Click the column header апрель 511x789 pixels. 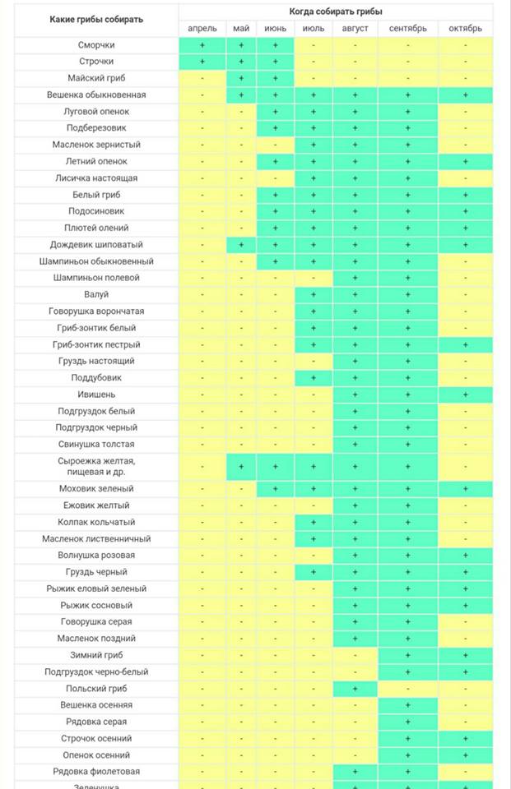pyautogui.click(x=202, y=28)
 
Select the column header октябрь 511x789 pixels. pyautogui.click(x=465, y=28)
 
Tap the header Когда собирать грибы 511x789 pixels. pyautogui.click(x=336, y=11)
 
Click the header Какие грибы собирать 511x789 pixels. pyautogui.click(x=96, y=19)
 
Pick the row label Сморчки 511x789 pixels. pyautogui.click(x=96, y=44)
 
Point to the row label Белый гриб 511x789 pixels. pyautogui.click(x=96, y=195)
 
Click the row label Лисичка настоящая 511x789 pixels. pyautogui.click(x=96, y=178)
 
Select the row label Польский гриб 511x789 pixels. pyautogui.click(x=96, y=689)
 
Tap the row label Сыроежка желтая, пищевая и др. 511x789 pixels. pyautogui.click(x=96, y=467)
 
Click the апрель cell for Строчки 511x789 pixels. pyautogui.click(x=202, y=62)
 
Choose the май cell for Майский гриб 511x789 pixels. pyautogui.click(x=241, y=78)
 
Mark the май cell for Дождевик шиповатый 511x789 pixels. pyautogui.click(x=241, y=245)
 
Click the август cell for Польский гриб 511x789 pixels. pyautogui.click(x=355, y=689)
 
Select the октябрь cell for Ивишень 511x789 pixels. pyautogui.click(x=465, y=394)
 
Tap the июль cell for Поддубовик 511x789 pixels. pyautogui.click(x=313, y=378)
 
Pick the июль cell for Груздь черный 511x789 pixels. pyautogui.click(x=313, y=572)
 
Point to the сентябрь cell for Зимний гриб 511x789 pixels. pyautogui.click(x=407, y=655)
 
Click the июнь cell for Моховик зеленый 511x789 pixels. pyautogui.click(x=275, y=488)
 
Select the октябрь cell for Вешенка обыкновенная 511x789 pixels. pyautogui.click(x=465, y=95)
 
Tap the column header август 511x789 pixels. pyautogui.click(x=355, y=28)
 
